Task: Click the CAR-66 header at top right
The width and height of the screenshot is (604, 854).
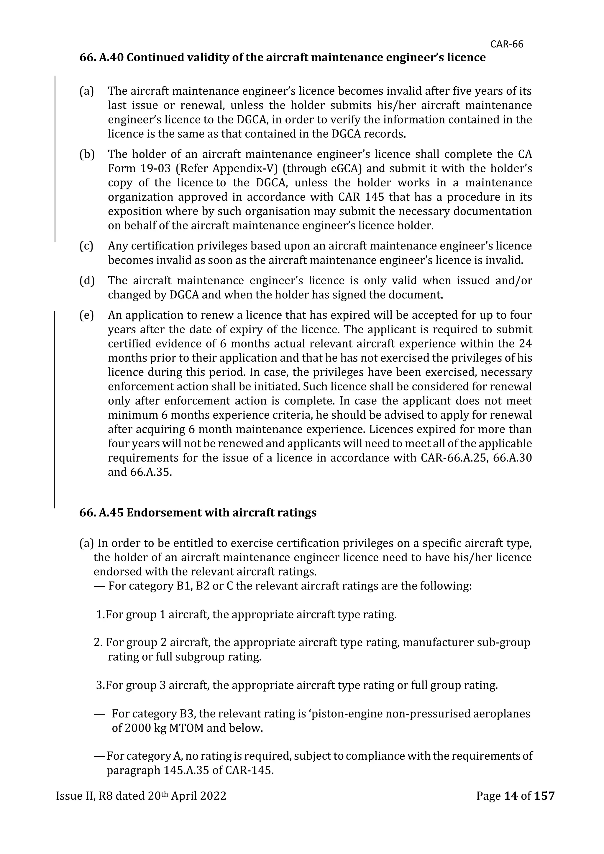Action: coord(507,44)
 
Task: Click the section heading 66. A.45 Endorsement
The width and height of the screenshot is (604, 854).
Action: coord(198,513)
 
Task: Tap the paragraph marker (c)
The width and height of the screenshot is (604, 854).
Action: coord(87,246)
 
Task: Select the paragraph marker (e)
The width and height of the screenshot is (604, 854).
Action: coord(87,315)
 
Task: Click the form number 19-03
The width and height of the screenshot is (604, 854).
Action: coord(155,168)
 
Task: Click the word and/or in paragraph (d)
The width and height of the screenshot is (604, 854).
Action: coord(514,280)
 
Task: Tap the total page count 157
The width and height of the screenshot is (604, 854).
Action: coord(544,796)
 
